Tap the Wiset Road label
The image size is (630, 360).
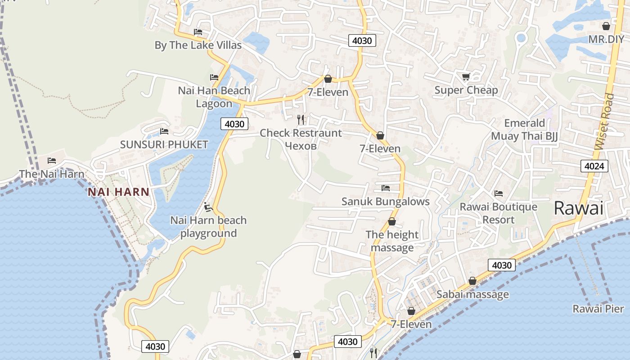point(604,121)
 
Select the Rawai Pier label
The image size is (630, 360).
point(598,309)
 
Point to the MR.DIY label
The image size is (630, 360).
point(606,39)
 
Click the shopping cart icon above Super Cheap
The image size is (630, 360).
point(466,77)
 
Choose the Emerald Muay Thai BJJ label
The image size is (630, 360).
point(524,130)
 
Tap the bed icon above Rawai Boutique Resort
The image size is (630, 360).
point(498,193)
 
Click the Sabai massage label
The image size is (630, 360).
point(472,295)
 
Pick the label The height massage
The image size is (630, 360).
point(392,241)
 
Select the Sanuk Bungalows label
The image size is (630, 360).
point(386,201)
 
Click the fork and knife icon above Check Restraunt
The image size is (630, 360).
point(301,120)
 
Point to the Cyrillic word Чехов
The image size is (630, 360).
point(301,146)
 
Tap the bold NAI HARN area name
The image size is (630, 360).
point(118,192)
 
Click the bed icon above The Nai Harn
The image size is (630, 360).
point(52,161)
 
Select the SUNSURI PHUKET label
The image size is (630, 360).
point(164,144)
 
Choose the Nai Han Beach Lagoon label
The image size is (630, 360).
point(214,97)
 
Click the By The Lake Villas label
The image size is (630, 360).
point(198,45)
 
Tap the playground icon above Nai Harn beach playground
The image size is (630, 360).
point(208,207)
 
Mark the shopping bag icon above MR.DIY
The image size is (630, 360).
point(606,26)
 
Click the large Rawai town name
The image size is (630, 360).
point(578,208)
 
